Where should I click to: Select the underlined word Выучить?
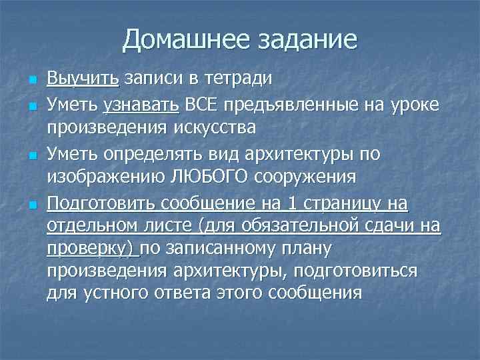pyautogui.click(x=83, y=78)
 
